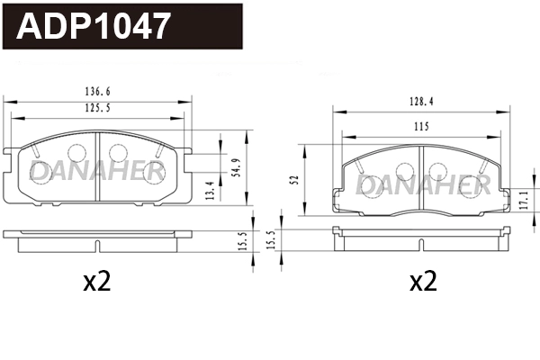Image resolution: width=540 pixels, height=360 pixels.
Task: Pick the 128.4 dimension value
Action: (x=418, y=102)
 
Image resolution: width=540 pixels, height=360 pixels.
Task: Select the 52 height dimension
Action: (x=294, y=180)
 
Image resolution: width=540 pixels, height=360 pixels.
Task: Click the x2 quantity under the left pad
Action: (x=96, y=283)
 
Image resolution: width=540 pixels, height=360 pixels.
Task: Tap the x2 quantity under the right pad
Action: (x=422, y=283)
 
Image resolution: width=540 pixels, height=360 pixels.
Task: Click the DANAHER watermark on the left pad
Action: (x=95, y=170)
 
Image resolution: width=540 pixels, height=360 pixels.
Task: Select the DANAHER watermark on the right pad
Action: (x=422, y=184)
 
